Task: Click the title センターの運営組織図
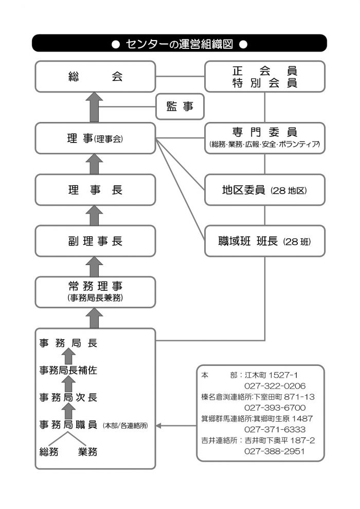click(179, 44)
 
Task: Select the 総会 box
click(95, 77)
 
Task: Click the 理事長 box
click(95, 189)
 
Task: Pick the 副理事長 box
click(95, 241)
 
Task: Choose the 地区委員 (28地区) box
click(265, 189)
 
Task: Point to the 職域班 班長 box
click(265, 241)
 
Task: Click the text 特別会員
click(265, 83)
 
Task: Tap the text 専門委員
click(265, 132)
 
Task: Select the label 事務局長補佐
click(68, 370)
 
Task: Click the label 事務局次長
click(68, 397)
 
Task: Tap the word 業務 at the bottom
click(88, 452)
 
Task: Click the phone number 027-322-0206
click(275, 386)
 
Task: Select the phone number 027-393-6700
click(275, 408)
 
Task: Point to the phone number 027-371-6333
click(275, 429)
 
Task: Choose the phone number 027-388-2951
click(275, 451)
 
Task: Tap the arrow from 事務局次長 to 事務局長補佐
click(68, 383)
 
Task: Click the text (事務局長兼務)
click(95, 297)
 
